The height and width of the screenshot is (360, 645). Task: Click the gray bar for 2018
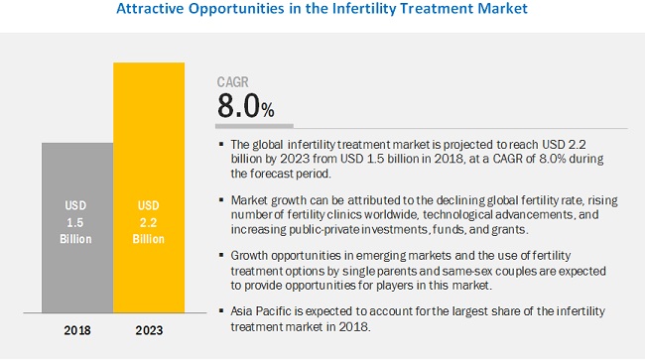point(76,228)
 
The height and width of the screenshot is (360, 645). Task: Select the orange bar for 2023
point(149,188)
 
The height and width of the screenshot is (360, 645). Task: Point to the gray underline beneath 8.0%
point(255,126)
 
